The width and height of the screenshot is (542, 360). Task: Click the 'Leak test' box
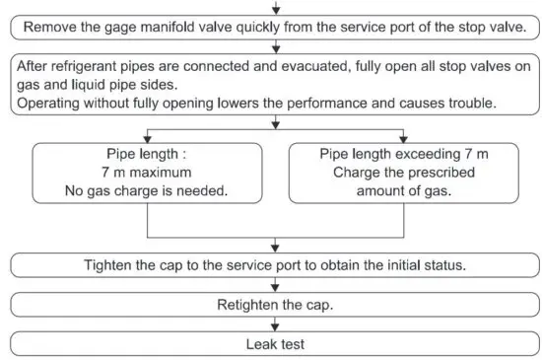coord(275,344)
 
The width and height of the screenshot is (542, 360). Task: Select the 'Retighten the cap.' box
coord(275,305)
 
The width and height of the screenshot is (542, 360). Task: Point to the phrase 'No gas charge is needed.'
coord(147,190)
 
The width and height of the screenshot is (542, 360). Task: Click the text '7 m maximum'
coord(147,173)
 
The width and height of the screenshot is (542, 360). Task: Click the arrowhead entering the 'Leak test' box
coord(275,329)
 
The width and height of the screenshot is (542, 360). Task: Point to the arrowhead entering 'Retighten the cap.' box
coord(275,290)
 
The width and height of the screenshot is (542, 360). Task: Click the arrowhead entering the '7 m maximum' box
coord(147,139)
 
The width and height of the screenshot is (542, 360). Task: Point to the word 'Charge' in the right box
coord(349,173)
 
